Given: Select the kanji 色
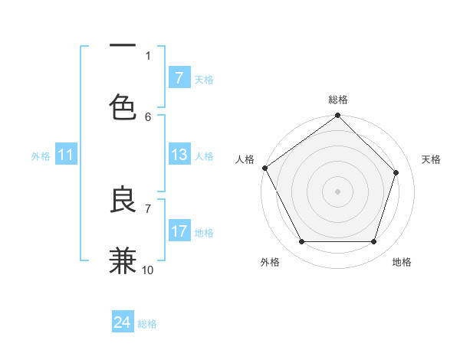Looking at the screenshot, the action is coord(123,106).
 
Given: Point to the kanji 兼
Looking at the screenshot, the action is coord(123,260).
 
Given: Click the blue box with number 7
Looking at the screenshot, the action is coord(179,78).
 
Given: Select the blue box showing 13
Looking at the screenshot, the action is coord(179,155).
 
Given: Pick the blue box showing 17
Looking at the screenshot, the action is coord(179,231).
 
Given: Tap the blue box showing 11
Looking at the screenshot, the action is coord(66,155).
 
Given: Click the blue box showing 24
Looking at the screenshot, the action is coord(123,322).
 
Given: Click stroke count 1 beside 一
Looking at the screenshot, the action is coord(148,55).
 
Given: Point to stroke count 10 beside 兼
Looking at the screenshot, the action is coord(148,270).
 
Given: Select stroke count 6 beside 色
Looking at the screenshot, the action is coord(148,116).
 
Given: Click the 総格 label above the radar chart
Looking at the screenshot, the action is coord(338,100).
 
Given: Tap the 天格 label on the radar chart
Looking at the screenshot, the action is coord(431,159).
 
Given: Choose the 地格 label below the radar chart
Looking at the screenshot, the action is coord(402,262).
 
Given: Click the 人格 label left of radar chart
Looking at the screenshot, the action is coord(245,159).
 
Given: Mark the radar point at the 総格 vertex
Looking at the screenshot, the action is coord(338,116).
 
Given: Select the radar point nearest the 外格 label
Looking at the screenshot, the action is coord(302,242).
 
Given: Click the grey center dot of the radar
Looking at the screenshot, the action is coord(338,191).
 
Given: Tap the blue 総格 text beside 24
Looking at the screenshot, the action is coord(147,324).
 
